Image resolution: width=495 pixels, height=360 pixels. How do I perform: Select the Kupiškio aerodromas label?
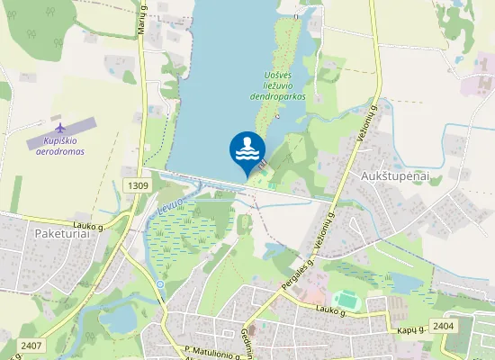click(x=59, y=147)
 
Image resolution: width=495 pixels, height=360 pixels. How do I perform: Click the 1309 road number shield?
click(x=138, y=185)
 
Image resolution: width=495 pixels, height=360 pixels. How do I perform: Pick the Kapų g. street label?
click(x=409, y=331)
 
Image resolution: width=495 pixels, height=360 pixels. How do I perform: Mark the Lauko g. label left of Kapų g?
click(x=332, y=310)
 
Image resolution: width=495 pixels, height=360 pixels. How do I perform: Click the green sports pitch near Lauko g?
click(x=344, y=299)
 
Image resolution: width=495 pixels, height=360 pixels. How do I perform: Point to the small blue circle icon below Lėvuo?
click(x=160, y=284)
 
